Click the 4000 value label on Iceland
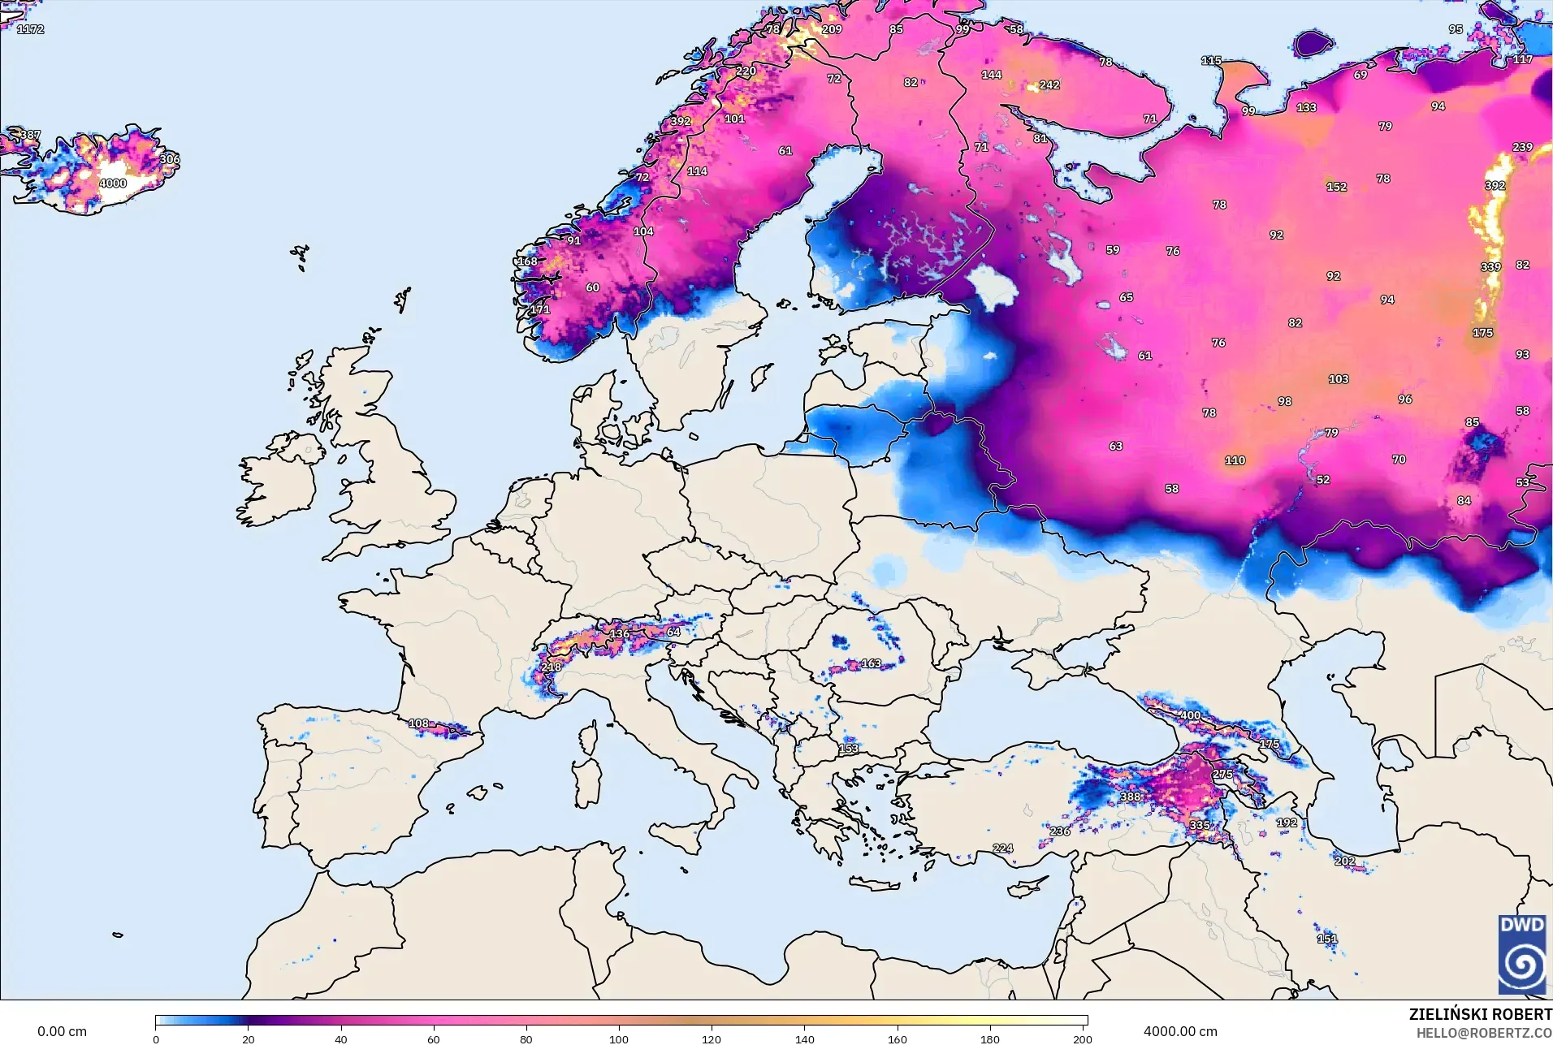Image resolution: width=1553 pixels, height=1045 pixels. (x=113, y=184)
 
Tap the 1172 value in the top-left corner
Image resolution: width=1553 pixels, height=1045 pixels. (x=30, y=29)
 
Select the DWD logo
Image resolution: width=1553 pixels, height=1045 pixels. (x=1521, y=955)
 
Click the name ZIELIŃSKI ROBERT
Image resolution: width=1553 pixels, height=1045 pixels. (x=1480, y=1014)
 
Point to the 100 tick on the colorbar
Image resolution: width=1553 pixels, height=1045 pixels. (x=619, y=1039)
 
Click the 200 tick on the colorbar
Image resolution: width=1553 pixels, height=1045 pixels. (x=1082, y=1039)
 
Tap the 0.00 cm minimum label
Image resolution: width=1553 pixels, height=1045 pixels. (x=62, y=1031)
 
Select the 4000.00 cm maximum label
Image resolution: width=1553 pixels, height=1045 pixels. (x=1180, y=1031)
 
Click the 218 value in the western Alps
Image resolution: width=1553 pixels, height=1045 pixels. (x=552, y=667)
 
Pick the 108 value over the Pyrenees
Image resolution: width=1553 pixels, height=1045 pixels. (x=418, y=723)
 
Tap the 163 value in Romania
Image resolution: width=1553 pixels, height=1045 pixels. (x=871, y=663)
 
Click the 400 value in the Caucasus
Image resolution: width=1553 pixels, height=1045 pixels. (x=1190, y=715)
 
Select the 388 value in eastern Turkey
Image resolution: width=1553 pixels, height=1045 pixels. (x=1130, y=797)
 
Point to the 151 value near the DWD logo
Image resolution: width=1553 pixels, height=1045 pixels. (x=1326, y=939)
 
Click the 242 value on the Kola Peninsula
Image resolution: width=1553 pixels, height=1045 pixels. (x=1049, y=84)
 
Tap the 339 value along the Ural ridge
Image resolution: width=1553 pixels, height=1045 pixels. (x=1490, y=267)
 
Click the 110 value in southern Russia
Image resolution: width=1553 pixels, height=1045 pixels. (x=1235, y=460)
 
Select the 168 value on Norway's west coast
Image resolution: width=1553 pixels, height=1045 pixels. (x=528, y=261)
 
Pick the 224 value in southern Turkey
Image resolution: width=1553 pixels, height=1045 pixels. (x=1002, y=848)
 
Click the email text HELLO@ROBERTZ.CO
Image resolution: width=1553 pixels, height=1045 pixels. (x=1484, y=1033)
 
